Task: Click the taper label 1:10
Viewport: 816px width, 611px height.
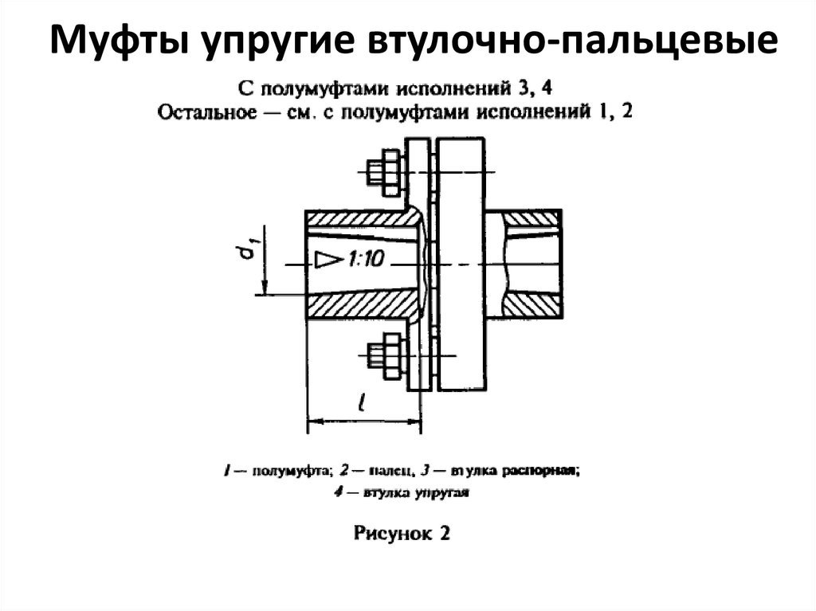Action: (x=367, y=260)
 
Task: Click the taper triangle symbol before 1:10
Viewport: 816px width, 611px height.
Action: (x=326, y=260)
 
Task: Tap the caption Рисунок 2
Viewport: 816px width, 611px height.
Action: (x=402, y=534)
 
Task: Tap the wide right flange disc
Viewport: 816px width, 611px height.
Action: (x=461, y=264)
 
